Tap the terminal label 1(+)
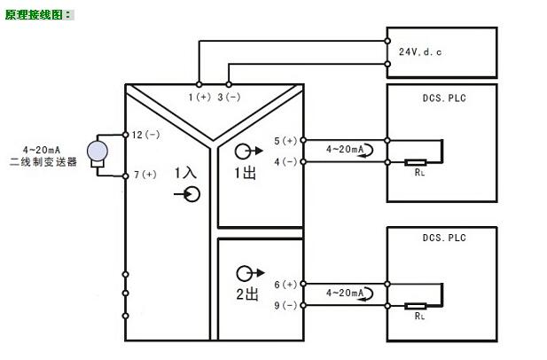pos(199,96)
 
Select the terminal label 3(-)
pos(230,96)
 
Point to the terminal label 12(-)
pos(145,135)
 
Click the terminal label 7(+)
pos(144,175)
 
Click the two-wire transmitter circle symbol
pos(97,150)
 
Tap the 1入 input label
pos(185,172)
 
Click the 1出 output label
pos(245,173)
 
